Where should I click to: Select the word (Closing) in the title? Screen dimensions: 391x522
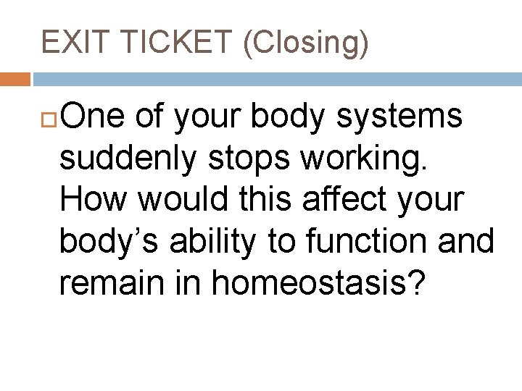coord(306,43)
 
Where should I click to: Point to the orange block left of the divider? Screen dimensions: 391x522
coord(15,78)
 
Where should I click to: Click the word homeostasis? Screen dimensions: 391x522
coord(307,284)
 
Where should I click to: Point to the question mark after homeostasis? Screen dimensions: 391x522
coord(414,284)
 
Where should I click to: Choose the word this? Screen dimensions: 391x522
coord(270,200)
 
